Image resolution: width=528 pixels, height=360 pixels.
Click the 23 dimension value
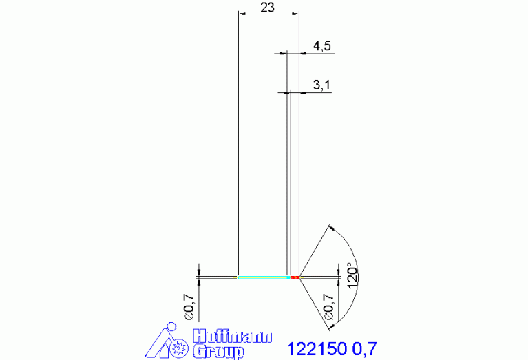(x=267, y=8)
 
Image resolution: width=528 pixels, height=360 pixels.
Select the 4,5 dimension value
(x=322, y=46)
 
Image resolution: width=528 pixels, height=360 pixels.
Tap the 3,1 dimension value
(x=322, y=85)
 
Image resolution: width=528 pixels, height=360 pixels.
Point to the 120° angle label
(x=352, y=275)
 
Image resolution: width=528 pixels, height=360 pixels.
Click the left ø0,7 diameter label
(x=189, y=307)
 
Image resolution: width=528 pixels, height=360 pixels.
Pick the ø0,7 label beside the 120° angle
(x=328, y=307)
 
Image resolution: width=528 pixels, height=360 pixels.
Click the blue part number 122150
(x=317, y=349)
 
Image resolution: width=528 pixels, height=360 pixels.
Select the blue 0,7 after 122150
(x=365, y=349)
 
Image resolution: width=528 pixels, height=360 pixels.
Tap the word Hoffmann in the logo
(x=233, y=337)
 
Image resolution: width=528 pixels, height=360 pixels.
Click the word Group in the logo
(x=218, y=352)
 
